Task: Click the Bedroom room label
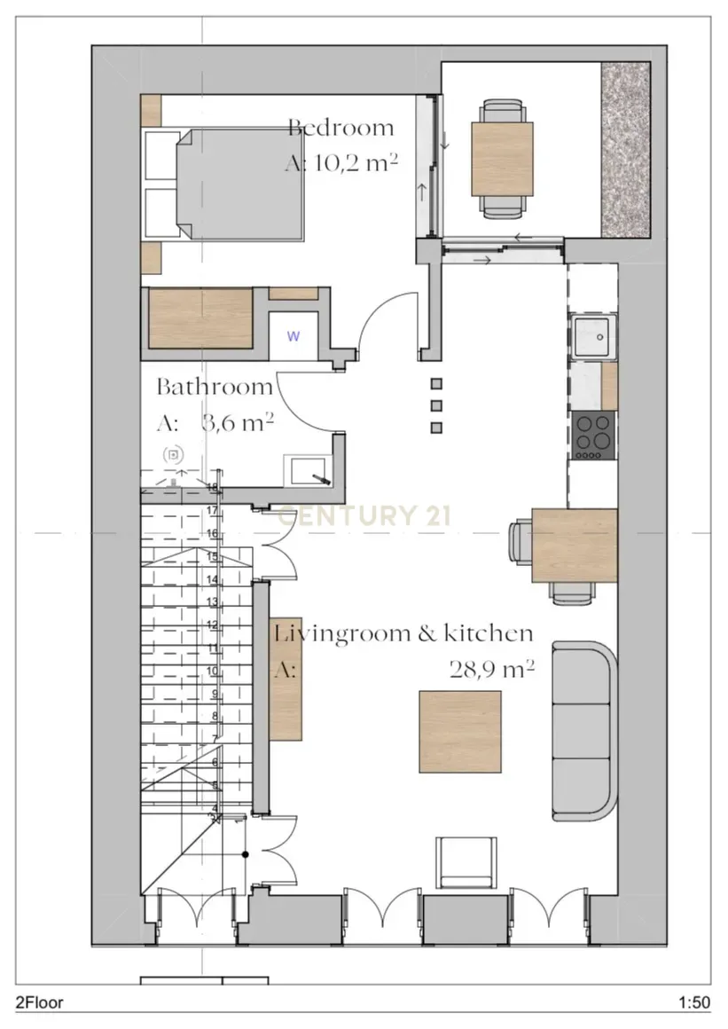341,127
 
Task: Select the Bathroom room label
215,387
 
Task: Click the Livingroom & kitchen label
403,633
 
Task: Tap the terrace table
503,159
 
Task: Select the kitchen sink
593,336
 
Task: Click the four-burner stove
594,435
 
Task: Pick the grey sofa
583,731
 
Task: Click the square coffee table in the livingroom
460,731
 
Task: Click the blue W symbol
293,336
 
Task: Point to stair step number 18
212,487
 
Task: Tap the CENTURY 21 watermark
366,515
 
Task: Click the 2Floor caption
39,1003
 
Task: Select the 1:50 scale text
694,1003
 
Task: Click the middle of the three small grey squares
436,406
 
